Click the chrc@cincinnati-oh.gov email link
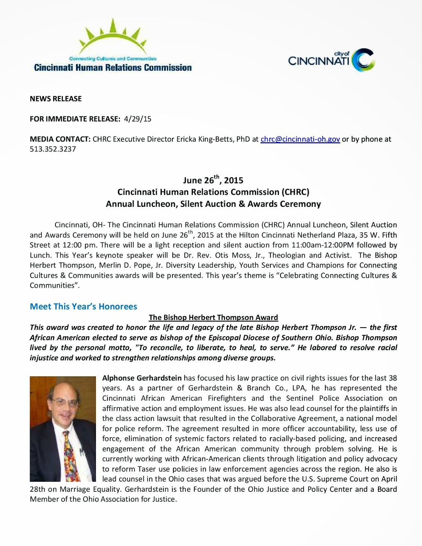pos(300,139)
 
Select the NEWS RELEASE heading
pos(56,99)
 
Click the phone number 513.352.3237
pos(53,149)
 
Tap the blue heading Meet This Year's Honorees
pos(83,306)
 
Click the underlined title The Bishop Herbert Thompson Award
pos(213,317)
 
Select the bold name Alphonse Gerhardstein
pos(142,378)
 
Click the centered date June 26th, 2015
pos(213,180)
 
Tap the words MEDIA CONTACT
pos(60,139)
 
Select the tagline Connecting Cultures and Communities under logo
pos(113,59)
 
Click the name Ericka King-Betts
pos(205,139)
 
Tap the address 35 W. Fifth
pos(373,235)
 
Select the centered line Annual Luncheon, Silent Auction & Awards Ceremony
pos(213,204)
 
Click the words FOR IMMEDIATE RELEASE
pos(75,119)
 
